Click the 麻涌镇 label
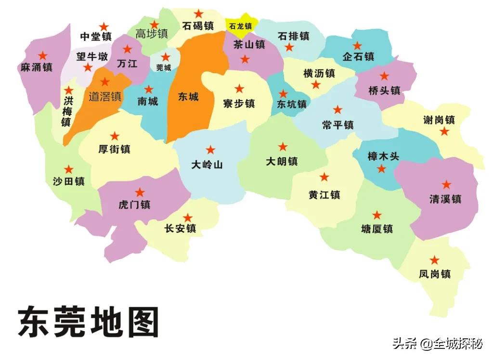(37, 67)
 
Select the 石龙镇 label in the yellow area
(240, 26)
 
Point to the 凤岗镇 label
(435, 274)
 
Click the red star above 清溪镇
(447, 184)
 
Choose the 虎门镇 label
(134, 205)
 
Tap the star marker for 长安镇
(188, 218)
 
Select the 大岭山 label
(207, 165)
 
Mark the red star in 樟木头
(381, 168)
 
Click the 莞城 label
(164, 68)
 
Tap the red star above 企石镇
(357, 46)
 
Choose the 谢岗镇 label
(439, 120)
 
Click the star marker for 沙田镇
(69, 169)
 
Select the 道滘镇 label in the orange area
(105, 96)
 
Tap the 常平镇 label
(338, 125)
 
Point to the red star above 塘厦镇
(377, 215)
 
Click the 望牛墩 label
(92, 56)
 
